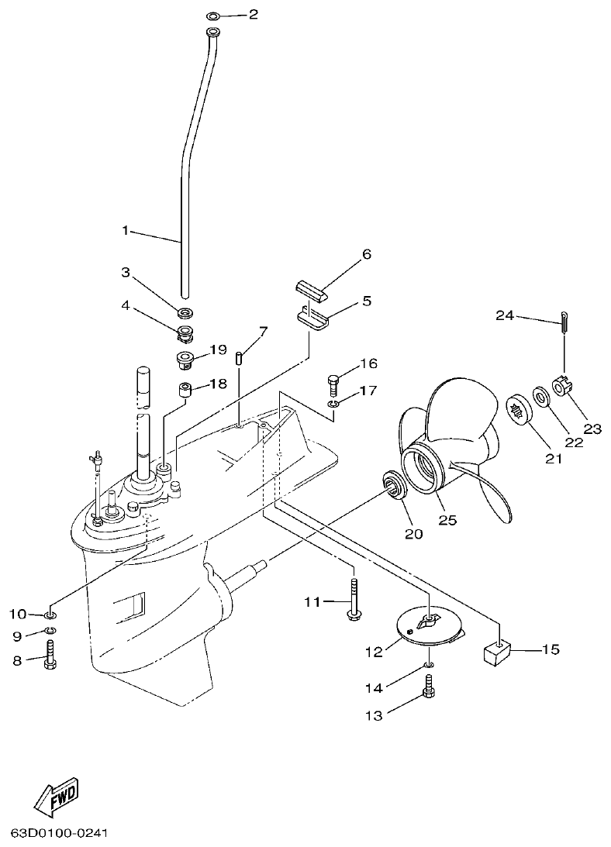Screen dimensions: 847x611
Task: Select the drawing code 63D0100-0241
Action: click(58, 835)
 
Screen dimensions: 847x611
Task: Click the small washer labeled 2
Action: click(213, 15)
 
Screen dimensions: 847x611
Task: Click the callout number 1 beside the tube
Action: click(126, 230)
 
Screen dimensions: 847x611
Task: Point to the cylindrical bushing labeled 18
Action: click(186, 388)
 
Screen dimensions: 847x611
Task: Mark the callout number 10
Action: click(17, 615)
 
